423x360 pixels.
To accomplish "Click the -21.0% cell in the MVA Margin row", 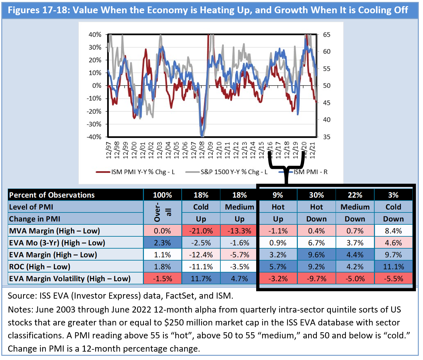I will pyautogui.click(x=201, y=231).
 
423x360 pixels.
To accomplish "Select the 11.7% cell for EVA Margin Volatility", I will pyautogui.click(x=201, y=279).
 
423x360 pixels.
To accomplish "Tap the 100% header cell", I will pyautogui.click(x=162, y=195).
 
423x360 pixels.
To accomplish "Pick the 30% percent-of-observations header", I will pyautogui.click(x=316, y=195).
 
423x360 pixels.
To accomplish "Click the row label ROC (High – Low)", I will pyautogui.click(x=40, y=267).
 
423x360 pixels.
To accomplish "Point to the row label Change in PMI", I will pyautogui.click(x=35, y=219).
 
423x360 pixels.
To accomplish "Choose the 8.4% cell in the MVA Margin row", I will pyautogui.click(x=393, y=231).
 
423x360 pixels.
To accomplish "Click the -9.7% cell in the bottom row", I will pyautogui.click(x=316, y=279).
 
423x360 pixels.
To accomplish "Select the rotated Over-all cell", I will pyautogui.click(x=162, y=213).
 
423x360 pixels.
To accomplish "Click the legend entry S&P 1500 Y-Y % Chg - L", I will pyautogui.click(x=234, y=172).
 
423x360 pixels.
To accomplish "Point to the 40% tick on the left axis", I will pyautogui.click(x=95, y=35).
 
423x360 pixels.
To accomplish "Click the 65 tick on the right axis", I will pyautogui.click(x=327, y=35).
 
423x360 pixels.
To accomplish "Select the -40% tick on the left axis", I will pyautogui.click(x=94, y=137).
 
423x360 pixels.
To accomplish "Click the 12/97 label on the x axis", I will pyautogui.click(x=108, y=150).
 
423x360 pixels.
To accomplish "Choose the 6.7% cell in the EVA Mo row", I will pyautogui.click(x=316, y=243).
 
